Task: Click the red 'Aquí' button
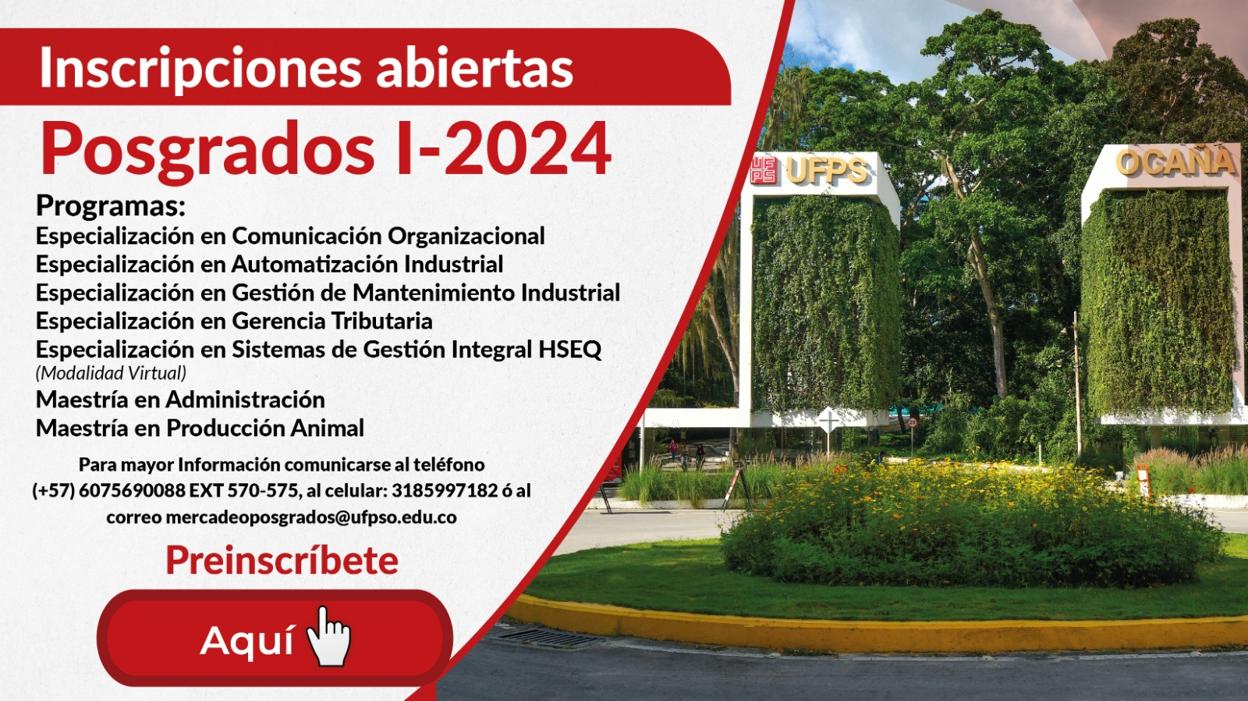(x=274, y=638)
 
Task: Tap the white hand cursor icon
(x=329, y=636)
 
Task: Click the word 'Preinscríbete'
(x=282, y=560)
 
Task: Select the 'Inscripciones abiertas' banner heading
(x=306, y=68)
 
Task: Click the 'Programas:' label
(x=110, y=206)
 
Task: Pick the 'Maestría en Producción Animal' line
(x=200, y=429)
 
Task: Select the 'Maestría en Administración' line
(x=180, y=400)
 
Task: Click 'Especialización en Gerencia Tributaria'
(x=234, y=321)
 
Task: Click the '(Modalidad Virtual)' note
(x=111, y=372)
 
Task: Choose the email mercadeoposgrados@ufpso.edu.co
(x=311, y=518)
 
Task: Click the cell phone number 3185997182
(x=444, y=491)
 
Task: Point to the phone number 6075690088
(x=132, y=491)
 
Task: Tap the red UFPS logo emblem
(x=764, y=169)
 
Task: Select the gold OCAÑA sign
(x=1175, y=162)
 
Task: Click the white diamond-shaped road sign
(x=828, y=420)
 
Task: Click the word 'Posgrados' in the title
(x=207, y=151)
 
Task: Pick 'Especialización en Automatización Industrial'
(x=270, y=265)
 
